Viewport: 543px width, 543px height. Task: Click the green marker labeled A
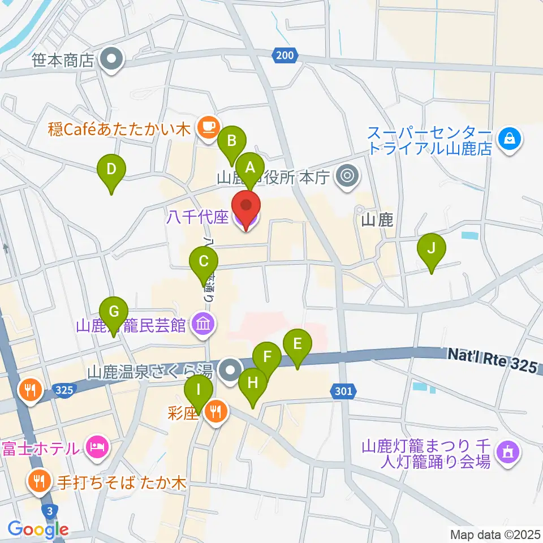click(250, 167)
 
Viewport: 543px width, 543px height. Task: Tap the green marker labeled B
click(232, 141)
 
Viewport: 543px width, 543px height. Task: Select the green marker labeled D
click(111, 169)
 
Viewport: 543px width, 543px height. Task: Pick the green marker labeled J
click(432, 248)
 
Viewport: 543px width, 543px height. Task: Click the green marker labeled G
click(114, 312)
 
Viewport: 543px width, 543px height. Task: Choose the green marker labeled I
click(199, 391)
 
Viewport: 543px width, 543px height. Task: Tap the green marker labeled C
click(204, 262)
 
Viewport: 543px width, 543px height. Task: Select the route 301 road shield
click(342, 391)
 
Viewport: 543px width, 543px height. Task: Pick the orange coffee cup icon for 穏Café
click(208, 126)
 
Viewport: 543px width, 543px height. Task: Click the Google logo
click(38, 530)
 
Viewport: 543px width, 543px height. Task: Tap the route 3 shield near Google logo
click(51, 511)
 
